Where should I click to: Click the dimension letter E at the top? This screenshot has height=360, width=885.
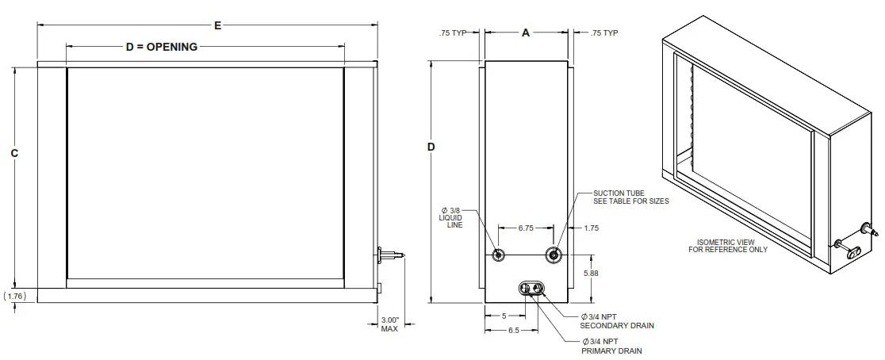[x=217, y=25]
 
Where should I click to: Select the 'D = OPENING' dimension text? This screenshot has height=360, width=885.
[x=162, y=48]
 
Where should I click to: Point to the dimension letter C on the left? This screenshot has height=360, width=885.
[x=14, y=153]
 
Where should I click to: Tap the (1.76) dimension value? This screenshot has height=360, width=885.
[x=15, y=296]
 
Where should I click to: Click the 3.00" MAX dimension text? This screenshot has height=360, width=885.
[x=389, y=324]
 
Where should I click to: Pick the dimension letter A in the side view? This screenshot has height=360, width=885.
[x=525, y=33]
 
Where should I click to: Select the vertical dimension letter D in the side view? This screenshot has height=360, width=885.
[x=431, y=147]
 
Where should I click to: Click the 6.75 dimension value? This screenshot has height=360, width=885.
[x=525, y=228]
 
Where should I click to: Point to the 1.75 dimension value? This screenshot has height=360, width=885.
[x=590, y=228]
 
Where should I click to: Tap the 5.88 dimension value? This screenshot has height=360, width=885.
[x=592, y=273]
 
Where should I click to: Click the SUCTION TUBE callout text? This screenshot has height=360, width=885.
[x=631, y=197]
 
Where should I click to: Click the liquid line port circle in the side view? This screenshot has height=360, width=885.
[x=499, y=255]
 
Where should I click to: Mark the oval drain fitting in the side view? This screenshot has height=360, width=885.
[x=532, y=289]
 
